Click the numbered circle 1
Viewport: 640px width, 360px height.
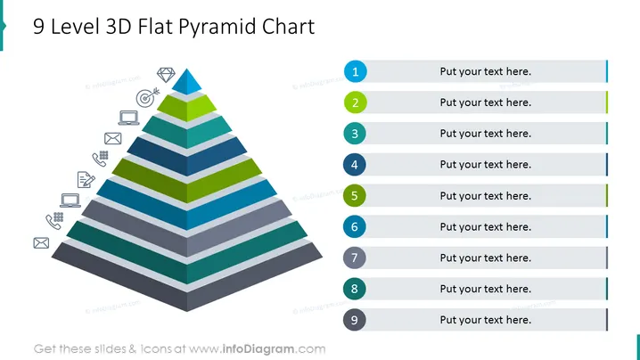(355, 71)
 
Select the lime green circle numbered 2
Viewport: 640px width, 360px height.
(355, 102)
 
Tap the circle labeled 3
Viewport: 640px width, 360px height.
(355, 134)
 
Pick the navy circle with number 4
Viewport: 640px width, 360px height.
(354, 165)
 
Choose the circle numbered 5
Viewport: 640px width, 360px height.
(354, 195)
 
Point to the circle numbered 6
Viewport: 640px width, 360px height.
(354, 226)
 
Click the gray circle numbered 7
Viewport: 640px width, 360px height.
(354, 258)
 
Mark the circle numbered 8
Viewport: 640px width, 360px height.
(354, 289)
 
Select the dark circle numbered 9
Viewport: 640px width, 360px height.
(354, 320)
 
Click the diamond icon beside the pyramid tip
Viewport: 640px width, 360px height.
(166, 75)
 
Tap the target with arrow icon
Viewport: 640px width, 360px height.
(147, 97)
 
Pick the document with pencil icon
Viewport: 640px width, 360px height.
(86, 180)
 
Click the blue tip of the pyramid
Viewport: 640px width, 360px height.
(187, 82)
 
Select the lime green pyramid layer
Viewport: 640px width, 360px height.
(187, 108)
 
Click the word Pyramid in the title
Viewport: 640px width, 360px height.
(217, 28)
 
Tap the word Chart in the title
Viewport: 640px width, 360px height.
(288, 27)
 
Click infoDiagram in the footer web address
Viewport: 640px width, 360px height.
(258, 349)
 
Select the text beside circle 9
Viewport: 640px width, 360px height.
(485, 320)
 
